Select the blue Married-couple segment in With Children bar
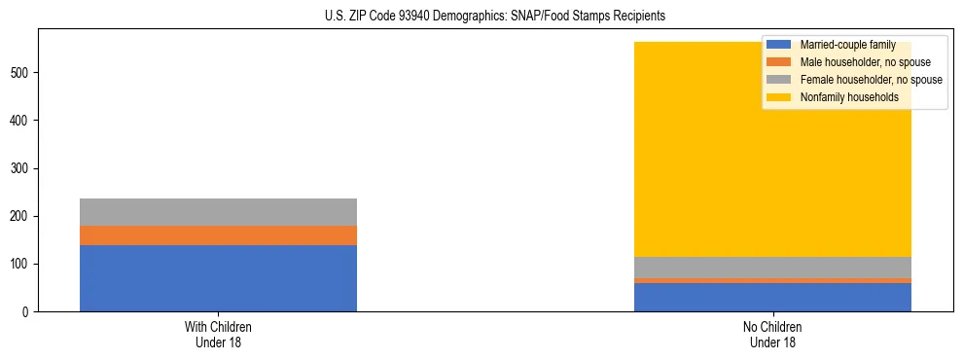tap(218, 278)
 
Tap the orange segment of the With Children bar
tap(218, 235)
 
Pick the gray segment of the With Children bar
tap(218, 212)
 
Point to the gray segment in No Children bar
tap(772, 268)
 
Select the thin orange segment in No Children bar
tap(772, 280)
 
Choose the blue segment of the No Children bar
tap(772, 298)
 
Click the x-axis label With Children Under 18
tap(218, 335)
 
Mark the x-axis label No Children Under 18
tap(772, 335)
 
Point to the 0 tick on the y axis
tap(28, 312)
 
